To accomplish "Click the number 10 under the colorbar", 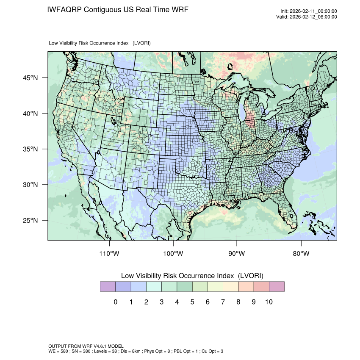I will pos(269,302).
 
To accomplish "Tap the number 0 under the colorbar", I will pos(115,302).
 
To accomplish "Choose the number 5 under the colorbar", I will pos(192,302).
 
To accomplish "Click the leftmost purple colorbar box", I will pos(108,287).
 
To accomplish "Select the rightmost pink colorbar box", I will pos(276,287).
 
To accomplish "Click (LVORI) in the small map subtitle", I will pos(141,43).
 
